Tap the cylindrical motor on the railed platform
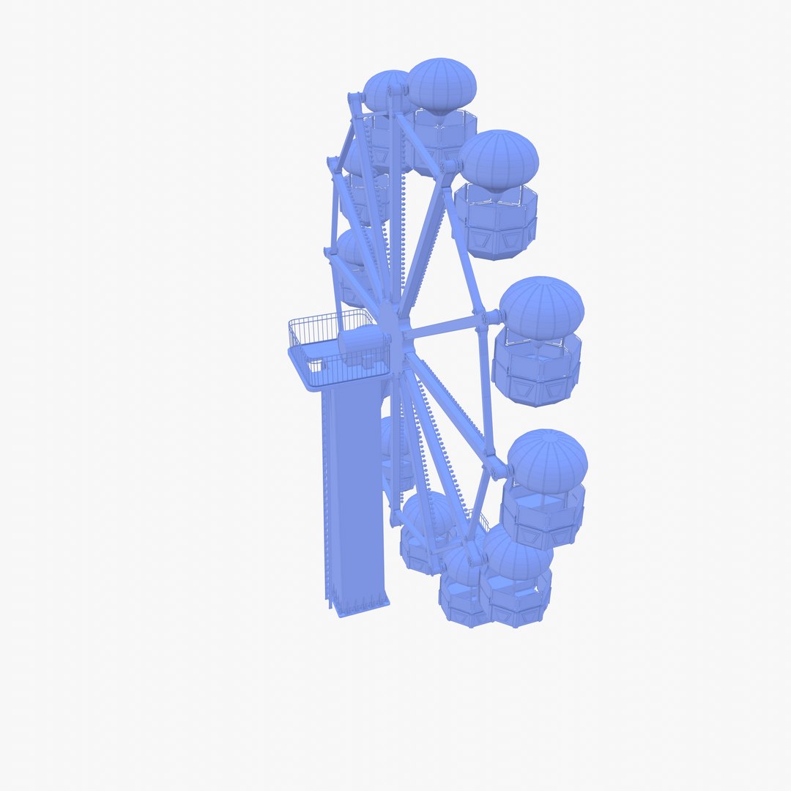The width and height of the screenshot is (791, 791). pos(362,345)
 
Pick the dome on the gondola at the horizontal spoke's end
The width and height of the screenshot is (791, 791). pos(541,308)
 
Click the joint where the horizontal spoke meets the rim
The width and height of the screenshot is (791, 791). pos(489,318)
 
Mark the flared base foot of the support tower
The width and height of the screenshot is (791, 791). pos(359,606)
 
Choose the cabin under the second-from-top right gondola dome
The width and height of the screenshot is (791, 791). pos(496,220)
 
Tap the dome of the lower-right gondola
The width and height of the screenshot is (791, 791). pos(547,461)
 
